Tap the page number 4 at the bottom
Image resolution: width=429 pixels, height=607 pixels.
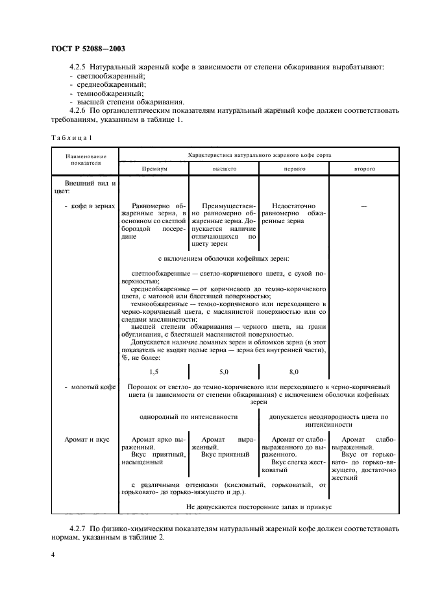pyautogui.click(x=52, y=555)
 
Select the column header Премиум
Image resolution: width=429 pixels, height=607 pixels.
pyautogui.click(x=154, y=168)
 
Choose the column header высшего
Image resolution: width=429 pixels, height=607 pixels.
pyautogui.click(x=224, y=168)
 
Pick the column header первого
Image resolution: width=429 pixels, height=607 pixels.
pyautogui.click(x=294, y=168)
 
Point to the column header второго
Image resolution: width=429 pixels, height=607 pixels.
pyautogui.click(x=364, y=168)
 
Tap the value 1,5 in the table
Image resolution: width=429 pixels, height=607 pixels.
pyautogui.click(x=154, y=372)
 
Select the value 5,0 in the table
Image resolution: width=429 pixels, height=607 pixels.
pyautogui.click(x=224, y=372)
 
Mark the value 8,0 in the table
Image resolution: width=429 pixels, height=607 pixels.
pyautogui.click(x=294, y=372)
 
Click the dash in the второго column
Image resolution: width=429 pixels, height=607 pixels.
pyautogui.click(x=363, y=206)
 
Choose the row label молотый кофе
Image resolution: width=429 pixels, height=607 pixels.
pyautogui.click(x=90, y=387)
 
